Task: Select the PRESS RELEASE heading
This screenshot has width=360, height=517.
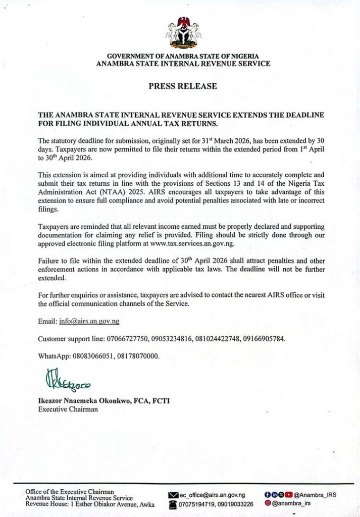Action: tap(183, 86)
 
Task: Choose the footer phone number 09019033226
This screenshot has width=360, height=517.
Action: tap(233, 504)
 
